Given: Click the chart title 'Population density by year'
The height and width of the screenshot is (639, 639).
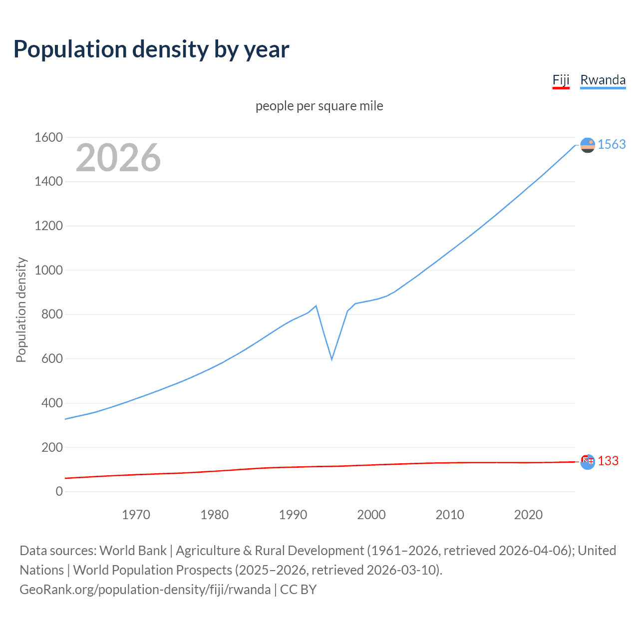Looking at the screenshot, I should click(151, 49).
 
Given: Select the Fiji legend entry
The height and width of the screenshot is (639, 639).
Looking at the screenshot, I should click(561, 80).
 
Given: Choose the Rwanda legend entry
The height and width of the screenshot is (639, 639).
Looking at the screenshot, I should click(603, 80).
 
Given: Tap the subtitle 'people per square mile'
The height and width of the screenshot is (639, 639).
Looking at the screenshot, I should click(319, 106).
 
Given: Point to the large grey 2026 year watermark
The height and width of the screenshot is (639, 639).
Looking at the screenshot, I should click(118, 158).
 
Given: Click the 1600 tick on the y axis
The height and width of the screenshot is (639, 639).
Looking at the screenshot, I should click(48, 137).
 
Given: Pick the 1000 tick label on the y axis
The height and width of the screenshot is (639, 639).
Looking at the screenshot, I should click(48, 270).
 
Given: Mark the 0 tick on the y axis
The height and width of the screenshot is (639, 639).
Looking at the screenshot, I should click(59, 492).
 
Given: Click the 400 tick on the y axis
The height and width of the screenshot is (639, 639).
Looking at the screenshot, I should click(52, 403).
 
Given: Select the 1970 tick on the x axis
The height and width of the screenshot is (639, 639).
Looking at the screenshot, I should click(136, 515).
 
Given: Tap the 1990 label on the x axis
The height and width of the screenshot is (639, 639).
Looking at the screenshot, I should click(293, 515).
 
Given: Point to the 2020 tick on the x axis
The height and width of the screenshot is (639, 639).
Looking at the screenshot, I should click(528, 515).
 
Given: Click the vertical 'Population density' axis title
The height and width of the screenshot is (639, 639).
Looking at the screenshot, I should click(21, 310).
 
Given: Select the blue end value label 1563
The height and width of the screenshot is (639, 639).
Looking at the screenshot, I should click(612, 145).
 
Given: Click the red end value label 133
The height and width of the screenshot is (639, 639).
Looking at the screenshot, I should click(608, 461).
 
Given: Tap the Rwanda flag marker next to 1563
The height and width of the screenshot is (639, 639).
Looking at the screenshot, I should click(588, 145).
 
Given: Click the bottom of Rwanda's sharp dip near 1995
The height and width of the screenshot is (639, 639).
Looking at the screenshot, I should click(331, 359).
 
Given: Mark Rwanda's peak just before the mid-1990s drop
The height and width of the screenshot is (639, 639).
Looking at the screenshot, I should click(316, 306).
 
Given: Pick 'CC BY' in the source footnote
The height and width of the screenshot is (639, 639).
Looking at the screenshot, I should click(298, 590).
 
